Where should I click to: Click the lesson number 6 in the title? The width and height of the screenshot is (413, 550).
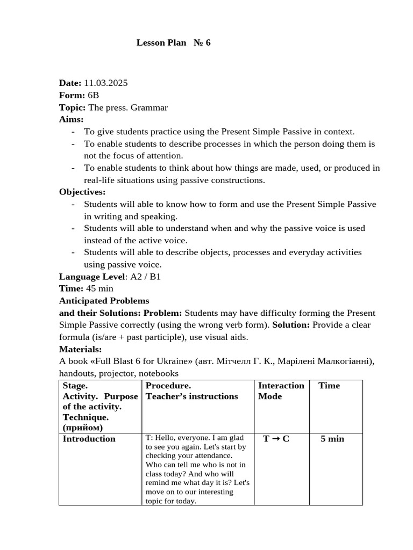click(208, 42)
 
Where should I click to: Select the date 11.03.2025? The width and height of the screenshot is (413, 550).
click(105, 83)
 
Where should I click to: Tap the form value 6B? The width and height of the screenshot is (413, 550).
click(94, 96)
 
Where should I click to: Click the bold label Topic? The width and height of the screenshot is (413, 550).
click(72, 107)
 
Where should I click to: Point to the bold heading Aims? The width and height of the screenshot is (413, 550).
click(71, 119)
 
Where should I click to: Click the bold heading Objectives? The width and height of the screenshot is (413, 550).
click(82, 192)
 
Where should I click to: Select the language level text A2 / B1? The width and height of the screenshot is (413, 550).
click(145, 277)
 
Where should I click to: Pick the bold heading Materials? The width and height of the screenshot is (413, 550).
click(80, 349)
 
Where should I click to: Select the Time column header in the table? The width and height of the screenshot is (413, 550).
click(329, 386)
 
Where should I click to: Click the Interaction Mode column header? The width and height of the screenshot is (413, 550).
click(281, 391)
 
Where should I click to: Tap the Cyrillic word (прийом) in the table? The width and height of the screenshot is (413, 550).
click(83, 428)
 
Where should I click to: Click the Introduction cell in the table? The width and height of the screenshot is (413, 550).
click(89, 439)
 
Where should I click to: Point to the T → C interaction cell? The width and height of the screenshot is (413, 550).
click(276, 439)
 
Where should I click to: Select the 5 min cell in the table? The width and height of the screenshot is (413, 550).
click(332, 439)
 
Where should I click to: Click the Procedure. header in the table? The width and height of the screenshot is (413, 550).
click(168, 386)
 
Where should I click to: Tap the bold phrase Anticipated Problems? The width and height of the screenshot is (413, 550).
click(104, 301)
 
